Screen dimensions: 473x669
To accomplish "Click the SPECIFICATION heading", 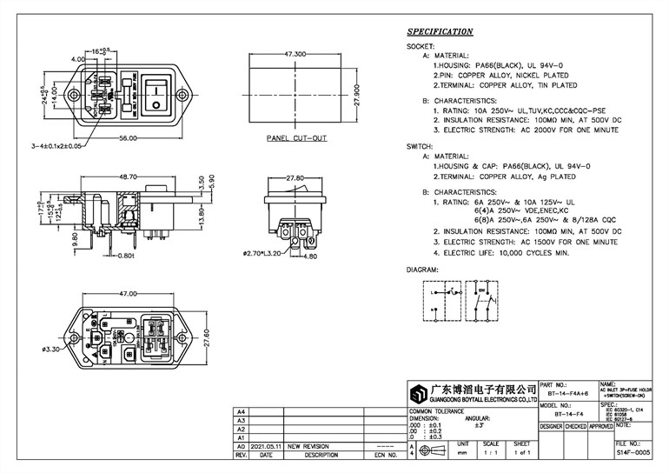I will [x=440, y=32].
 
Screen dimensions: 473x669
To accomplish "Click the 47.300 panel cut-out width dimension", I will [x=286, y=54].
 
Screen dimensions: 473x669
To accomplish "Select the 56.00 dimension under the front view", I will [x=129, y=139].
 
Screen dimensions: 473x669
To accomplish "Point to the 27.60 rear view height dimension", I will [x=206, y=337].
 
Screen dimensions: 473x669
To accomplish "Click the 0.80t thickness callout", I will [x=125, y=256].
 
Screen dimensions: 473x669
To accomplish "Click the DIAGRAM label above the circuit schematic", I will [x=423, y=270].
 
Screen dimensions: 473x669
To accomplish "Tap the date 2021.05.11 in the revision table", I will [x=268, y=445].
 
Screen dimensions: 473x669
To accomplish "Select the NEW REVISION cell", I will [x=309, y=445].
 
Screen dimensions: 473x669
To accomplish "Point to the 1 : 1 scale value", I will [x=493, y=454].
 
